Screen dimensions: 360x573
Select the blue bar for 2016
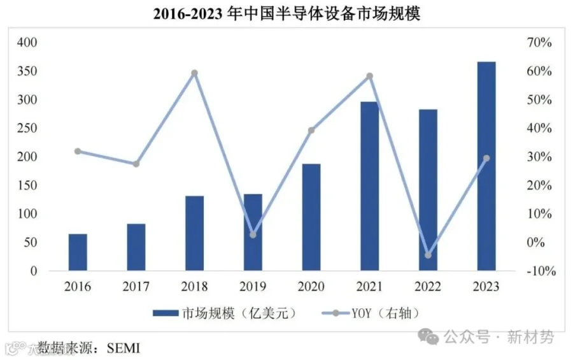(78, 252)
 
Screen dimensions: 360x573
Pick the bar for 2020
(311, 217)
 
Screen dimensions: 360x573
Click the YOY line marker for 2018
(195, 73)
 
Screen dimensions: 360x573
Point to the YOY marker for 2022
(428, 255)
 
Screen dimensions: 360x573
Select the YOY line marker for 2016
(78, 151)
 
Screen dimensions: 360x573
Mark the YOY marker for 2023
(486, 158)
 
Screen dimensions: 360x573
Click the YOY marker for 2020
(311, 131)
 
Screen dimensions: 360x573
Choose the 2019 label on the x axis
(253, 287)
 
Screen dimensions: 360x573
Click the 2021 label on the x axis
(369, 287)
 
